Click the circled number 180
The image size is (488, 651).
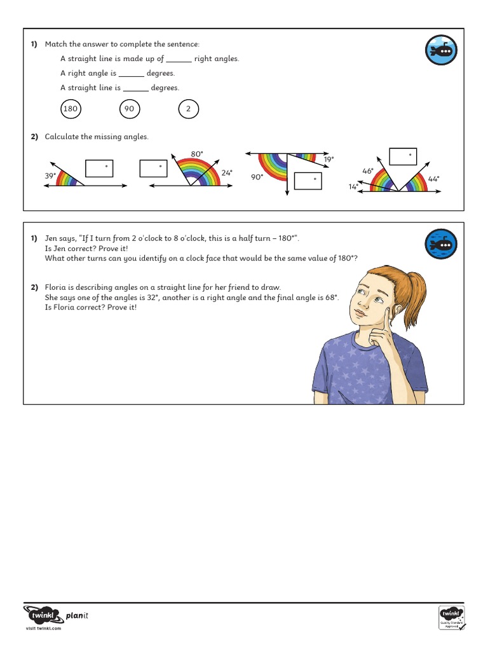coord(70,109)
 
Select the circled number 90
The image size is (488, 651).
coord(129,109)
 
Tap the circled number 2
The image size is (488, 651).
coord(188,109)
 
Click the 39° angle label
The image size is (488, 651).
coord(50,175)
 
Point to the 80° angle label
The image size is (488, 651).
coord(197,154)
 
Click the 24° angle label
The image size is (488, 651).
coord(227,172)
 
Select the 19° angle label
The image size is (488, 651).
coord(329,160)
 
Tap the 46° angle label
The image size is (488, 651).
coord(368,171)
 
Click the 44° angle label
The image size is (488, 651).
coord(433,179)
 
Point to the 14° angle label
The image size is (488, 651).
coord(353,186)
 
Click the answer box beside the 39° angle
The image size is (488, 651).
coord(99,168)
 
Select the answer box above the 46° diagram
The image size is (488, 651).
coord(403,156)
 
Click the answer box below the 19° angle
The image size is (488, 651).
coord(308,181)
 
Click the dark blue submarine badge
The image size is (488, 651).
coord(441,244)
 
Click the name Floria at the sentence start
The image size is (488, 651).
coord(55,287)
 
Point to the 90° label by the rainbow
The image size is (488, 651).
coord(257,177)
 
